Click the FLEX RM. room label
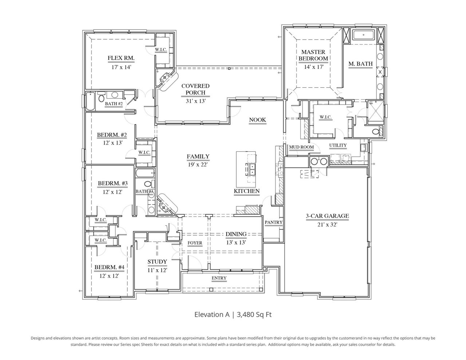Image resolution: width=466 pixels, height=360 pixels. coord(121,58)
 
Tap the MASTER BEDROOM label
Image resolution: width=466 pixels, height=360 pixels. coord(313,55)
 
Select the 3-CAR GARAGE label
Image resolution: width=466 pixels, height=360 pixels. coord(327,216)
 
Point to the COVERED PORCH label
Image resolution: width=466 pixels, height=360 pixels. coord(196,89)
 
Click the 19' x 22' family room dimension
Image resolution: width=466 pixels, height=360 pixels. coord(198,165)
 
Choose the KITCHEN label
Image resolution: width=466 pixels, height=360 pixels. coord(246,191)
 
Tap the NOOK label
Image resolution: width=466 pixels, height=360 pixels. coord(257,120)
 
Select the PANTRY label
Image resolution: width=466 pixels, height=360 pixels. coord(273,222)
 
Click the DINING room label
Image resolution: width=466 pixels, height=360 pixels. coord(236,234)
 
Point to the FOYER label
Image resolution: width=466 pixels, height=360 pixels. coord(195,243)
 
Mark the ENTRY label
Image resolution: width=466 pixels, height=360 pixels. coord(219,278)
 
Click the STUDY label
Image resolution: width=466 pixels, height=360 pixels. coord(157,262)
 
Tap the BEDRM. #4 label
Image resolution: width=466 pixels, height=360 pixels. coord(109,268)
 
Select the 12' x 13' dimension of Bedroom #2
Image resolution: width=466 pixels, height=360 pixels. coord(112,143)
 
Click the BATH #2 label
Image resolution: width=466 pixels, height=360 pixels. coord(114,104)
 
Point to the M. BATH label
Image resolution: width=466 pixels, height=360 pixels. coord(360,64)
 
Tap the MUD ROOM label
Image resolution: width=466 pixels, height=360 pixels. coord(301,147)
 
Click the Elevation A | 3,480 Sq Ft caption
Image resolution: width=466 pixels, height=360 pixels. coord(233,314)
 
